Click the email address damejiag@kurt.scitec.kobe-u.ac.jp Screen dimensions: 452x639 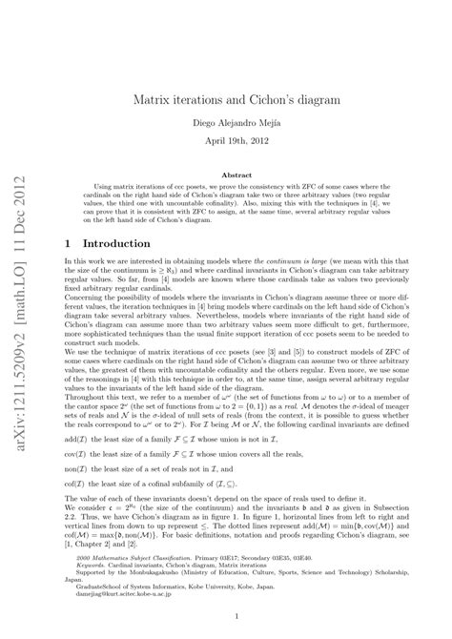117,593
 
